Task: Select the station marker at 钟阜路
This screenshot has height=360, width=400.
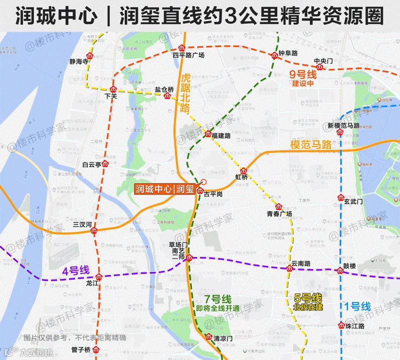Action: pyautogui.click(x=274, y=55)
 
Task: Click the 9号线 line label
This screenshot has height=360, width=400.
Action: pyautogui.click(x=303, y=74)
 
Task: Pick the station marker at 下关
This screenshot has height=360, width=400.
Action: pyautogui.click(x=113, y=89)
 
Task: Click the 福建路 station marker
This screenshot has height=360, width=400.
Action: pyautogui.click(x=208, y=134)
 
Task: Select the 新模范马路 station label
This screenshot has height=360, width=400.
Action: pyautogui.click(x=343, y=125)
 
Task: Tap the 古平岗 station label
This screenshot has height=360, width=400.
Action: pyautogui.click(x=213, y=193)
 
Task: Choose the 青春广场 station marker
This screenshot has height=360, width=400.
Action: pyautogui.click(x=279, y=206)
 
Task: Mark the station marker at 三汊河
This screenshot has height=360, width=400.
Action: pyautogui.click(x=94, y=231)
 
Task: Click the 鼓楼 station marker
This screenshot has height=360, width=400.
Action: pyautogui.click(x=340, y=270)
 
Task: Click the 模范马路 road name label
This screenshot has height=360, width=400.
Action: pyautogui.click(x=311, y=145)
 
